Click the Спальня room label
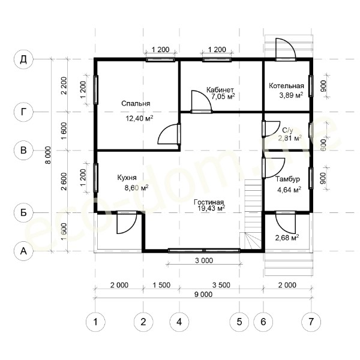(x=136, y=104)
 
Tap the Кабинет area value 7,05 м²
(x=223, y=97)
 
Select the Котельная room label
(x=286, y=86)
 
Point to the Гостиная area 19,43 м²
(x=211, y=208)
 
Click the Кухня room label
(x=127, y=178)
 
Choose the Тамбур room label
(x=287, y=179)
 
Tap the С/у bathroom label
(x=287, y=131)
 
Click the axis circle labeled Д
(x=23, y=59)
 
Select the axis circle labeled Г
(x=23, y=112)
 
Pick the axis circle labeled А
(x=23, y=251)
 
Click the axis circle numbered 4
(x=179, y=322)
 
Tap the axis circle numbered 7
(x=311, y=322)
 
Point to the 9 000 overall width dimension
(x=203, y=295)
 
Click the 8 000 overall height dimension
(x=48, y=155)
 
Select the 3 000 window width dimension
(x=204, y=260)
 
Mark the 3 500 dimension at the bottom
(x=221, y=285)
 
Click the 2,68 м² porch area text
(x=287, y=238)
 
